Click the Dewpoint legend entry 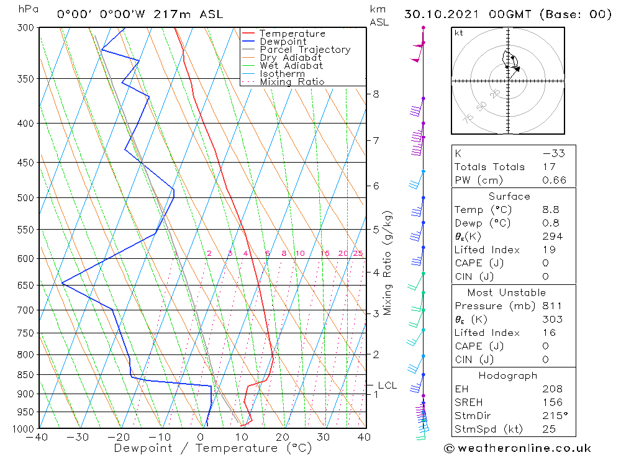pyautogui.click(x=283, y=42)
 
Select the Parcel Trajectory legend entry pyautogui.click(x=305, y=50)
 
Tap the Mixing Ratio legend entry pyautogui.click(x=292, y=82)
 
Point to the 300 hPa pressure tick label pyautogui.click(x=25, y=28)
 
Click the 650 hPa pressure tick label pyautogui.click(x=25, y=285)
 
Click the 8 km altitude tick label pyautogui.click(x=376, y=94)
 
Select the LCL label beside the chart pyautogui.click(x=387, y=385)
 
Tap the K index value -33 pyautogui.click(x=552, y=153)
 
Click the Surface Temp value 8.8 pyautogui.click(x=552, y=210)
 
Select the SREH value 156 pyautogui.click(x=552, y=402)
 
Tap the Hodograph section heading pyautogui.click(x=507, y=376)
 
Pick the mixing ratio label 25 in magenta pyautogui.click(x=358, y=253)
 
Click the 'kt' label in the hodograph pyautogui.click(x=459, y=33)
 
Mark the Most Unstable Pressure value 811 pyautogui.click(x=552, y=306)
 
